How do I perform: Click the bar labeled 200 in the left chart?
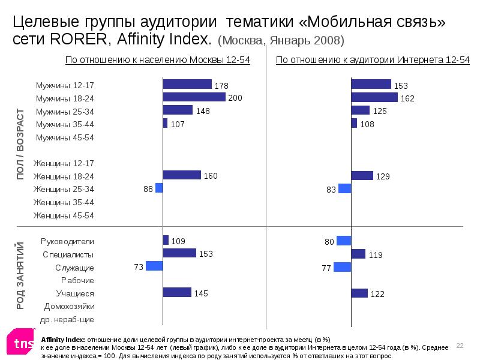tap(194, 97)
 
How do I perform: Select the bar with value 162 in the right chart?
tap(374, 97)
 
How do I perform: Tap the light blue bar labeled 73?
tap(154, 266)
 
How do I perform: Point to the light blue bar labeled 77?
tap(342, 267)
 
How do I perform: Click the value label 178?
tap(223, 85)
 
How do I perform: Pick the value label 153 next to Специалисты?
tap(206, 254)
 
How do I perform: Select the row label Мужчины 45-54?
tap(65, 137)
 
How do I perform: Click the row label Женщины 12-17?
tap(64, 163)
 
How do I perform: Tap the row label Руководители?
tap(67, 241)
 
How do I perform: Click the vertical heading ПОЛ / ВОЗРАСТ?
tap(20, 144)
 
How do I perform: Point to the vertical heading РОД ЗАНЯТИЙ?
tap(20, 275)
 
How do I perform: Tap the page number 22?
tap(460, 346)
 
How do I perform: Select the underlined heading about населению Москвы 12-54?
tap(157, 61)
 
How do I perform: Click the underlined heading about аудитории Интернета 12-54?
tap(372, 61)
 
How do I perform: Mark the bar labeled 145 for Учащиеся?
tap(177, 293)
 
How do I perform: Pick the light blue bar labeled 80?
tap(344, 241)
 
